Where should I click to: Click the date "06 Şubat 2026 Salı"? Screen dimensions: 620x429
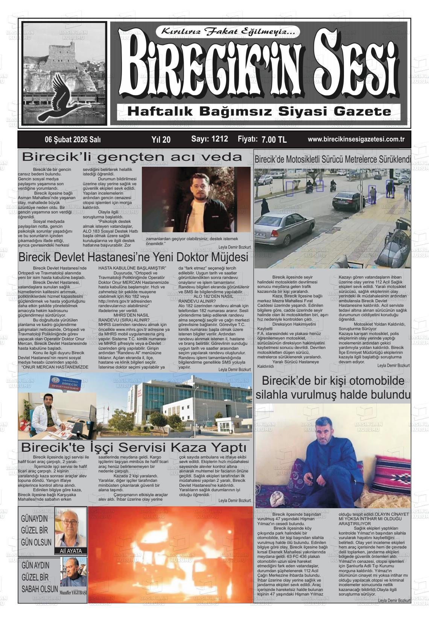pyautogui.click(x=73, y=140)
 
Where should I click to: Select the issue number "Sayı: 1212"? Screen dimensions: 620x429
pyautogui.click(x=209, y=139)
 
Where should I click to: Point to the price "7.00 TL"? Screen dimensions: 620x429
pyautogui.click(x=274, y=140)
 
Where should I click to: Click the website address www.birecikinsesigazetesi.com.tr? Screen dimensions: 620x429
pyautogui.click(x=356, y=139)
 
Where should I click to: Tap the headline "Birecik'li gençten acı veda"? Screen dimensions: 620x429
pyautogui.click(x=132, y=157)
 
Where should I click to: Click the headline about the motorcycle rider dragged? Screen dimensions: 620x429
pyautogui.click(x=333, y=159)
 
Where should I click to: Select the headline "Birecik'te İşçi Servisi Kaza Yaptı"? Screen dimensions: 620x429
pyautogui.click(x=134, y=448)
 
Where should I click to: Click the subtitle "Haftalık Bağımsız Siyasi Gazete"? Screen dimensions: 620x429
pyautogui.click(x=259, y=111)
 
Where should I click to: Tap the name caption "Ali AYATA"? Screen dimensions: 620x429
pyautogui.click(x=71, y=551)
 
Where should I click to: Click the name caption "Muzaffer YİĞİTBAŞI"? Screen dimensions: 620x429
pyautogui.click(x=73, y=592)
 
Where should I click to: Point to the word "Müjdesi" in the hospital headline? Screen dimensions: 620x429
pyautogui.click(x=225, y=257)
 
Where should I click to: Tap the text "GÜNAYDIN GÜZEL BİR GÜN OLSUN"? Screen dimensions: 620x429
pyautogui.click(x=36, y=530)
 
